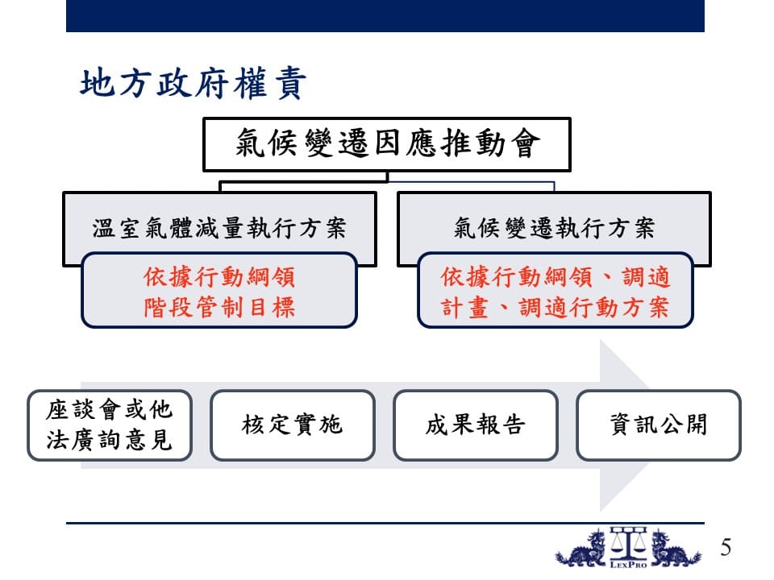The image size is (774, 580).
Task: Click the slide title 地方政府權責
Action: pos(193,83)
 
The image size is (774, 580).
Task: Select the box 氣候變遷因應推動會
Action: pos(387,144)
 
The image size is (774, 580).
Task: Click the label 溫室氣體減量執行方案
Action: pos(219,228)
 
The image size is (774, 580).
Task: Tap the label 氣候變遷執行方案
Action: pos(554,228)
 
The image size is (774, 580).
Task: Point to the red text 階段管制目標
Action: pos(219,307)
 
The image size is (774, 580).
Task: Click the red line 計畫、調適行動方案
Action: pos(555,307)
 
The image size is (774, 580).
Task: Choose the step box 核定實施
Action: pos(292,425)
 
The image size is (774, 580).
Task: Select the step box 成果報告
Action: pos(476,425)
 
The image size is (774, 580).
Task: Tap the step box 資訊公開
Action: pos(659,425)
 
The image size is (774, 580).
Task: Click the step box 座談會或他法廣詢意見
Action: pos(109,425)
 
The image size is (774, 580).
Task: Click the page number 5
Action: pos(726,547)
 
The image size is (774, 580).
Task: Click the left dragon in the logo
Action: pos(582,549)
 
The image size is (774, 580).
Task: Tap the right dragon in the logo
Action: pos(674,549)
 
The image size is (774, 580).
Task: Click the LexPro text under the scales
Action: pos(628,564)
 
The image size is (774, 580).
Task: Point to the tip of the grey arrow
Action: pos(648,425)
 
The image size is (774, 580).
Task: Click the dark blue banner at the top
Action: pos(385,16)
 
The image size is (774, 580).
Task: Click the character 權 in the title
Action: pos(251,83)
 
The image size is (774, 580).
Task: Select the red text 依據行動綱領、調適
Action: pos(555,276)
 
